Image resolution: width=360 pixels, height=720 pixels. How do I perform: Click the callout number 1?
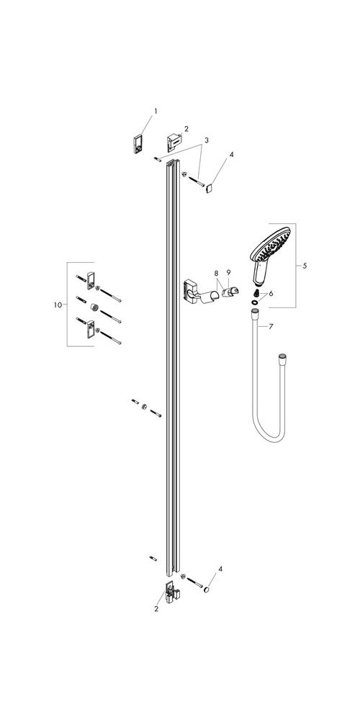tap(156, 111)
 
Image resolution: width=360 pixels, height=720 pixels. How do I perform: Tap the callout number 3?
tap(207, 140)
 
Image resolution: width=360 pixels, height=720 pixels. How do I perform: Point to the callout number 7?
tap(271, 326)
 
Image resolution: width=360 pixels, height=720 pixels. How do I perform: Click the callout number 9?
tap(228, 272)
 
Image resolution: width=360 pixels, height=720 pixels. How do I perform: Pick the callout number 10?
tap(58, 305)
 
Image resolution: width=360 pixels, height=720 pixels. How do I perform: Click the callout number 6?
tap(271, 293)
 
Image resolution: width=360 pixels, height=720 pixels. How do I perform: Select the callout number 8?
tap(216, 272)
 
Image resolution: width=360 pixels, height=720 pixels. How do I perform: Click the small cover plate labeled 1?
tap(136, 144)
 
